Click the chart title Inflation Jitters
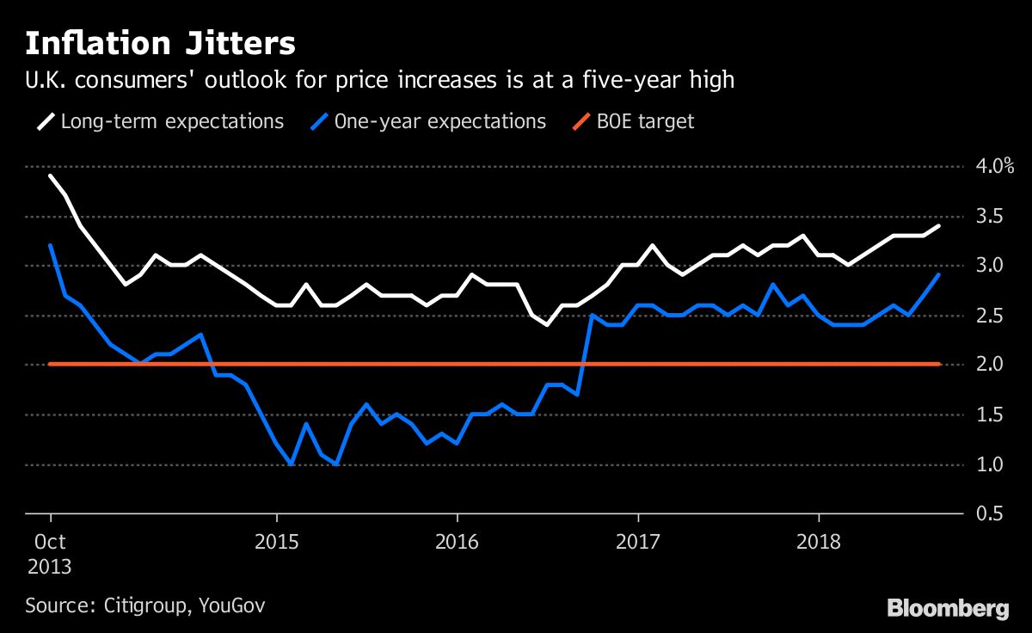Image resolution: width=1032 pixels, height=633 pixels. point(160,43)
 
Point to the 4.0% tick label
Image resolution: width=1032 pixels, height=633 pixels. point(991,166)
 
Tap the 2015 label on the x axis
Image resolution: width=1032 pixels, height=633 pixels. point(277,544)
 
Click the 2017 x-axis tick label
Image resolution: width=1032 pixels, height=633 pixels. point(638,544)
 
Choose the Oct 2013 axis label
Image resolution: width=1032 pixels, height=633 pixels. point(50,555)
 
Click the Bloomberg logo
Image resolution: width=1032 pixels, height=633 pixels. point(948,608)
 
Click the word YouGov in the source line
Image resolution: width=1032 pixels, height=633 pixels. point(232,605)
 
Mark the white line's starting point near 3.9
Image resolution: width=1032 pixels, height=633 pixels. point(51,175)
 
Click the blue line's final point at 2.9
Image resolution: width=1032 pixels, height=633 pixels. point(939,275)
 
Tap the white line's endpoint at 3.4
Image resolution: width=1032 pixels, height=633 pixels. point(939,225)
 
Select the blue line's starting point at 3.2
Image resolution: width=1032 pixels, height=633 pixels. point(51,245)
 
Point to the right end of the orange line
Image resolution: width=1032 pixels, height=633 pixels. point(939,365)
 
